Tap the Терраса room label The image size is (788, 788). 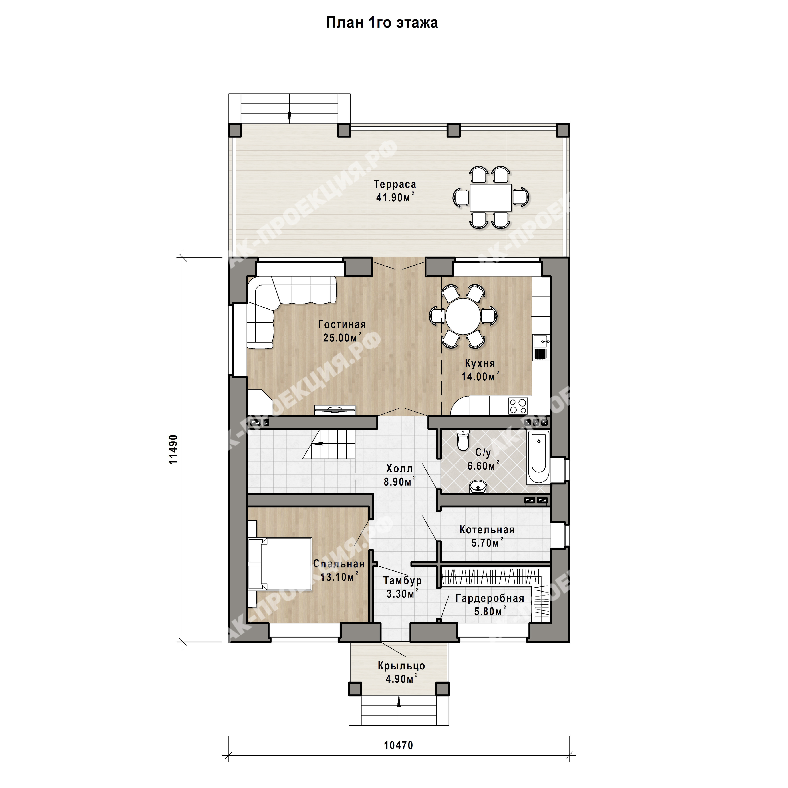(395, 184)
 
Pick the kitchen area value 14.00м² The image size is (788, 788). (480, 377)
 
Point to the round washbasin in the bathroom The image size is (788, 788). (477, 487)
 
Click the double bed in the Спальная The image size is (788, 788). (280, 564)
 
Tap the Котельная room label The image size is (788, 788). (487, 530)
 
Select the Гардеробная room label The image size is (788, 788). (490, 598)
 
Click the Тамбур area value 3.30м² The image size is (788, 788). (403, 594)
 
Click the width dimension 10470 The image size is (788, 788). (399, 745)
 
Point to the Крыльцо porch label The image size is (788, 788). (401, 666)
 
